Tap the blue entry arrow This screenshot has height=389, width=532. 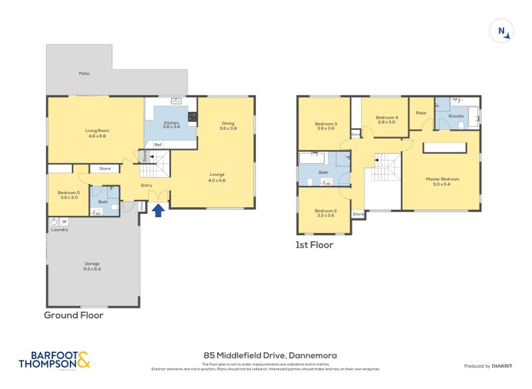click(x=158, y=210)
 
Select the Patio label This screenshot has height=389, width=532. click(x=84, y=73)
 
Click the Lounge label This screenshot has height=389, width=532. click(x=217, y=177)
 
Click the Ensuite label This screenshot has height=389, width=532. click(x=456, y=116)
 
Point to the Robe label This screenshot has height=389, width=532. click(x=420, y=113)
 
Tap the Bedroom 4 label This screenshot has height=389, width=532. click(x=386, y=119)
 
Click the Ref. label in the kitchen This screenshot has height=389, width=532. click(x=158, y=145)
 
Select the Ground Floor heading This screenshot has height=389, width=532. click(x=74, y=315)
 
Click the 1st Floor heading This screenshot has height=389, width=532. click(x=315, y=245)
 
